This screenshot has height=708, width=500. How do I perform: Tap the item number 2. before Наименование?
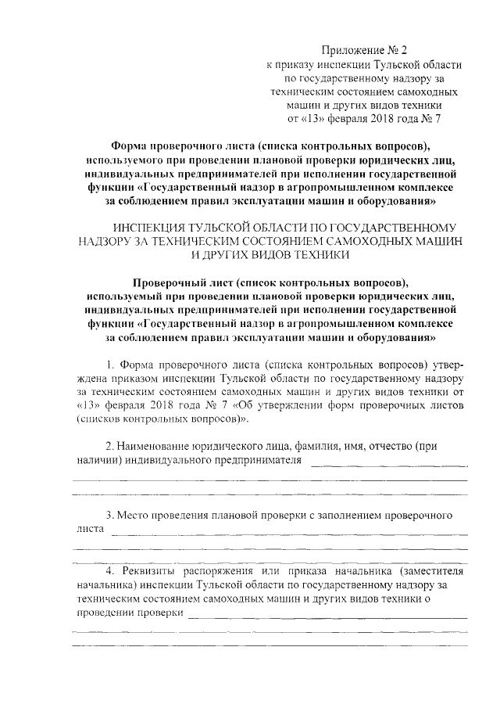click(x=110, y=446)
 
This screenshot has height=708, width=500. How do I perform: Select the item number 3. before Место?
click(x=110, y=516)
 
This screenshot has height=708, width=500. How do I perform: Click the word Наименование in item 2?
click(x=156, y=446)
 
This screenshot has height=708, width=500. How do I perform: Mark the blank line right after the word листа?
click(x=289, y=533)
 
